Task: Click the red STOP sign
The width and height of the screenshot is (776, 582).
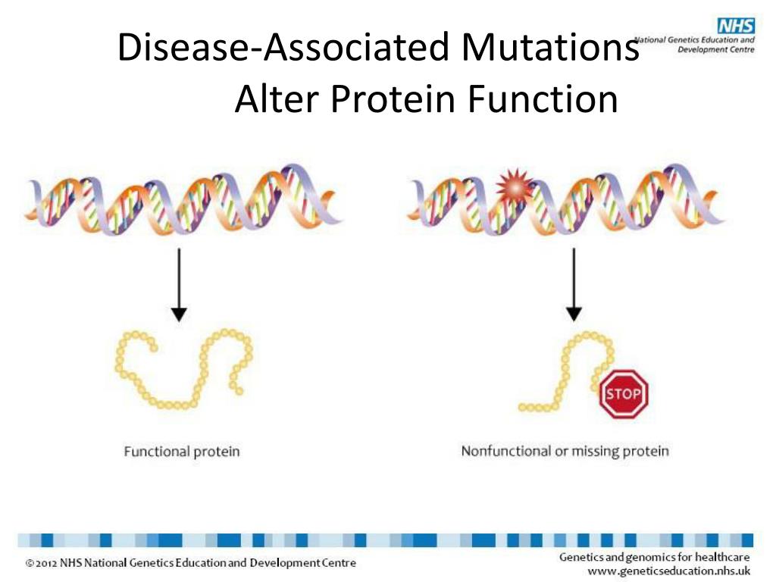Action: click(624, 393)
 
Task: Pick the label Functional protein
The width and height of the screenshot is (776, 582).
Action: click(182, 452)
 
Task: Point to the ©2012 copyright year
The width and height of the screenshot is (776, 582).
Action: click(42, 563)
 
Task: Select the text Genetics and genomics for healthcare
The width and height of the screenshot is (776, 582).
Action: click(654, 557)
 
